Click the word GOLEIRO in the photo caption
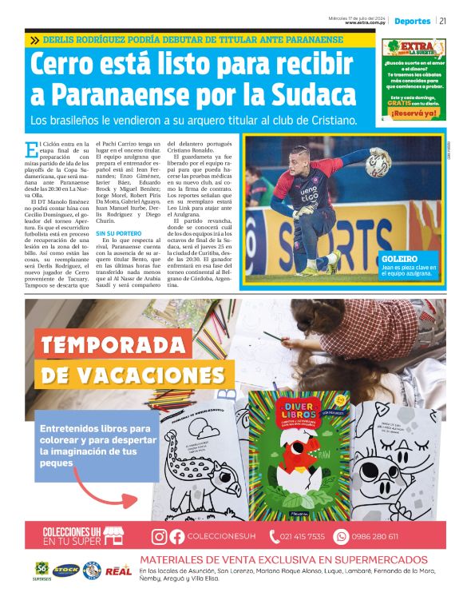click(399, 260)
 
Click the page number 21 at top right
click(442, 21)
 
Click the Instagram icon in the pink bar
click(160, 537)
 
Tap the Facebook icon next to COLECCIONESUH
click(176, 537)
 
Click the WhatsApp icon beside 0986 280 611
click(342, 537)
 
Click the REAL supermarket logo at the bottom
click(118, 570)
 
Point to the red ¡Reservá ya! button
click(414, 113)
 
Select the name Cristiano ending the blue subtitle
click(329, 121)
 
